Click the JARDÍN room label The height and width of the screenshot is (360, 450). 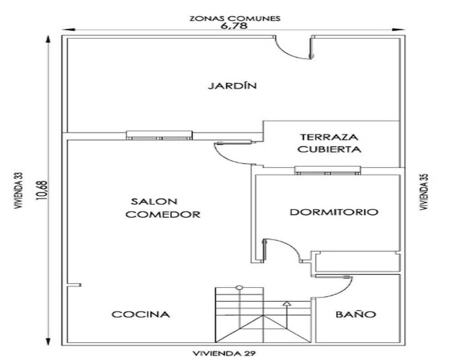(x=232, y=85)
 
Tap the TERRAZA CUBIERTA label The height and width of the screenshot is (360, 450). (x=329, y=143)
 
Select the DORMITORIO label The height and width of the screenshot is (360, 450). (x=334, y=212)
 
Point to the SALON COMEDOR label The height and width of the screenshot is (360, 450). (x=163, y=208)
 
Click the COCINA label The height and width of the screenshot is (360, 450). (x=140, y=315)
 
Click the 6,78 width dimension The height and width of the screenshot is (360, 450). (x=234, y=26)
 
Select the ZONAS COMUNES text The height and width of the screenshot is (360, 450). (x=235, y=18)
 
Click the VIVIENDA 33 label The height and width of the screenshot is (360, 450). (x=19, y=190)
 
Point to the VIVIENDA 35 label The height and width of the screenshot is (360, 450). (x=424, y=192)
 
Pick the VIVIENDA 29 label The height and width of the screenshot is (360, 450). (x=224, y=353)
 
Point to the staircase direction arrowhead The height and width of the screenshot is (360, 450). (x=287, y=303)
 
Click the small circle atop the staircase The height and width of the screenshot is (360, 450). (x=239, y=288)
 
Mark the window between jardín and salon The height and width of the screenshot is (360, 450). (x=160, y=135)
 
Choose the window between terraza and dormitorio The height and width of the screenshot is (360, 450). (x=328, y=170)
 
